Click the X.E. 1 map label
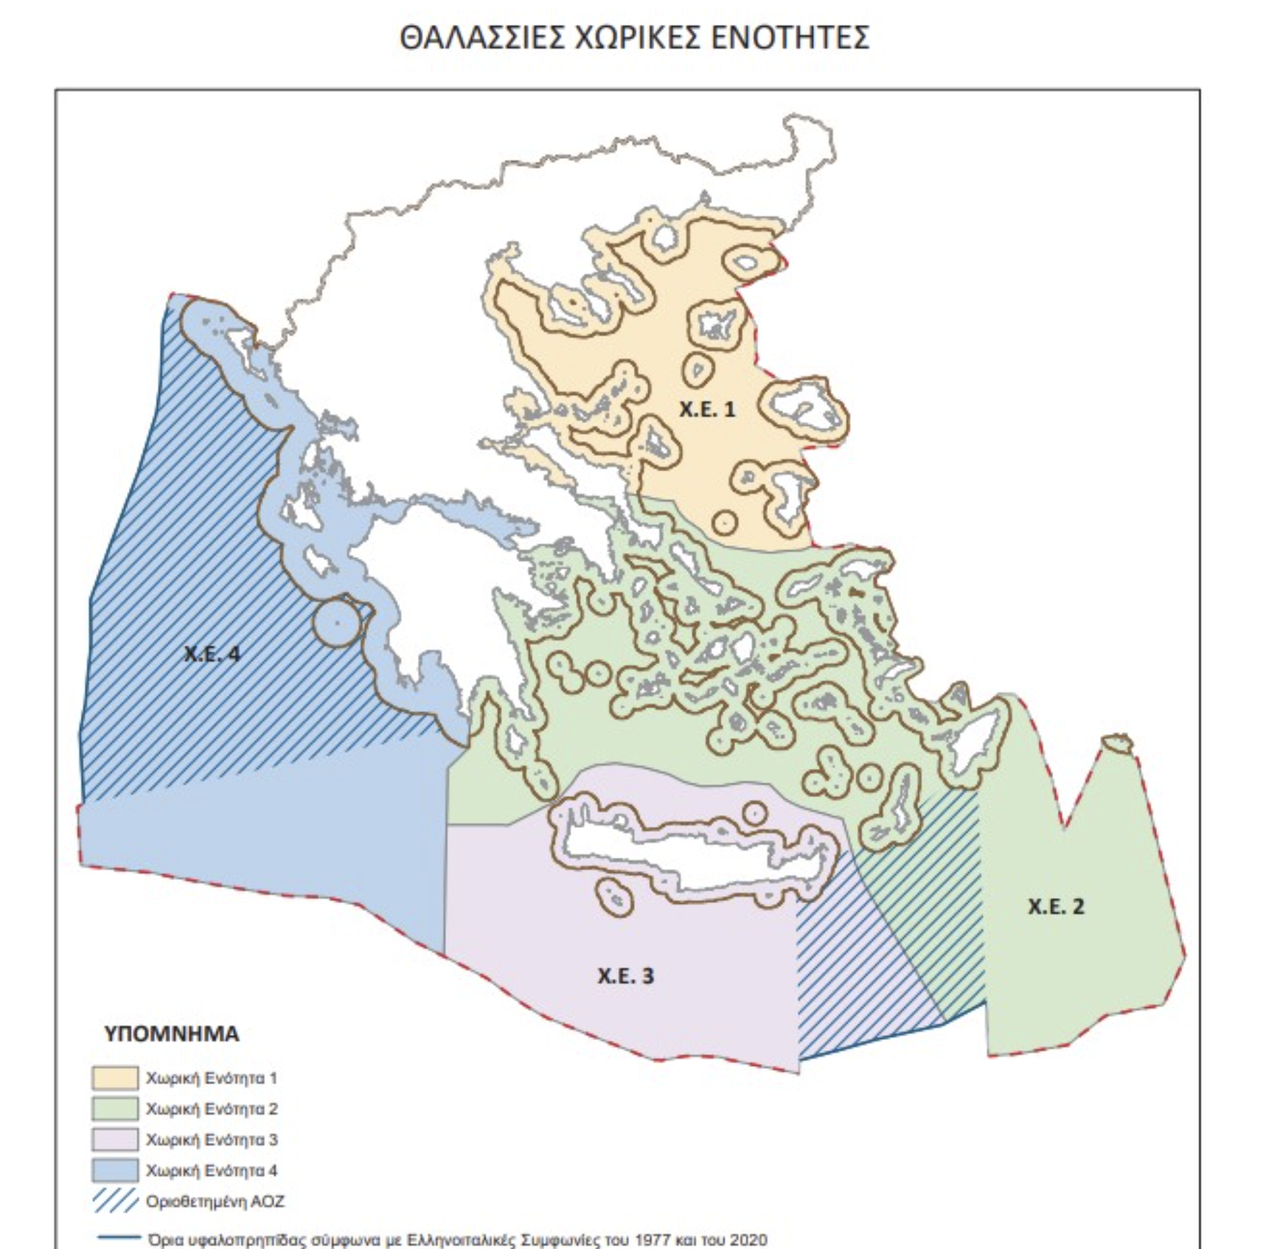(707, 409)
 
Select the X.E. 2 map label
(1055, 907)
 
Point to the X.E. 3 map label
(625, 976)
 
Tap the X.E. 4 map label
(211, 653)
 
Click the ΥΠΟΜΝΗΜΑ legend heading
(171, 1033)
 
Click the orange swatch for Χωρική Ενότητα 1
(115, 1078)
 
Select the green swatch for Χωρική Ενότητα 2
(115, 1109)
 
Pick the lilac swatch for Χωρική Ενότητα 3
(115, 1140)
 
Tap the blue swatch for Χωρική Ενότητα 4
(115, 1170)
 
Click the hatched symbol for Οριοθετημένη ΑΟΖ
(115, 1201)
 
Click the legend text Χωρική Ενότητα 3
(211, 1140)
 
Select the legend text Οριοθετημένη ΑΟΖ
(215, 1201)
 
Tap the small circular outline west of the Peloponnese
(337, 622)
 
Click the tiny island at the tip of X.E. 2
(1116, 742)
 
